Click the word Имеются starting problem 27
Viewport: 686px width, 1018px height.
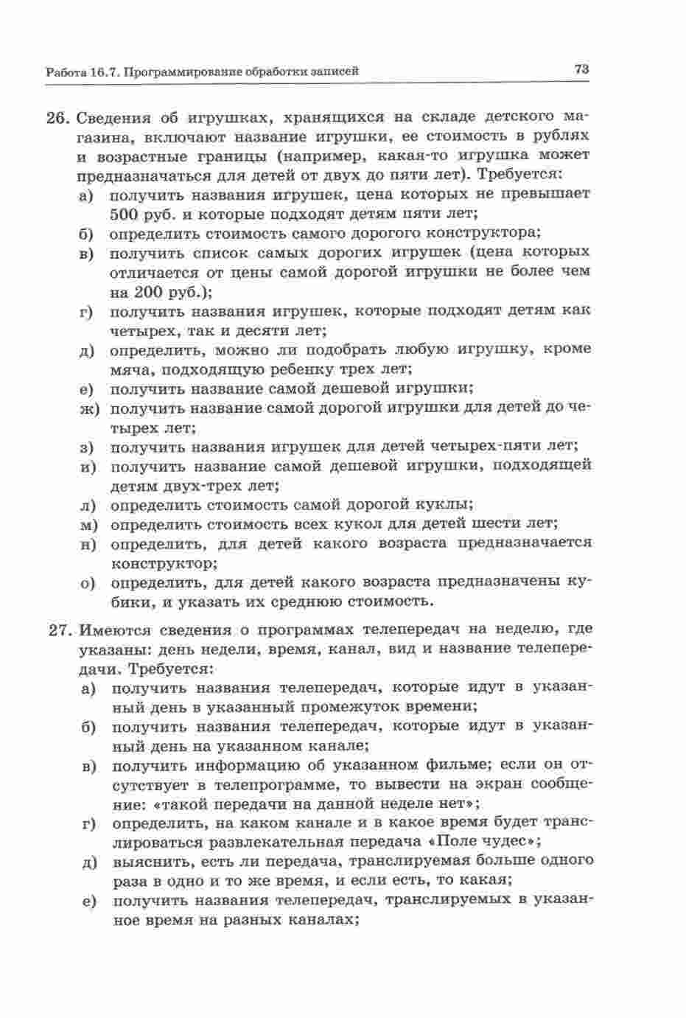(113, 630)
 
